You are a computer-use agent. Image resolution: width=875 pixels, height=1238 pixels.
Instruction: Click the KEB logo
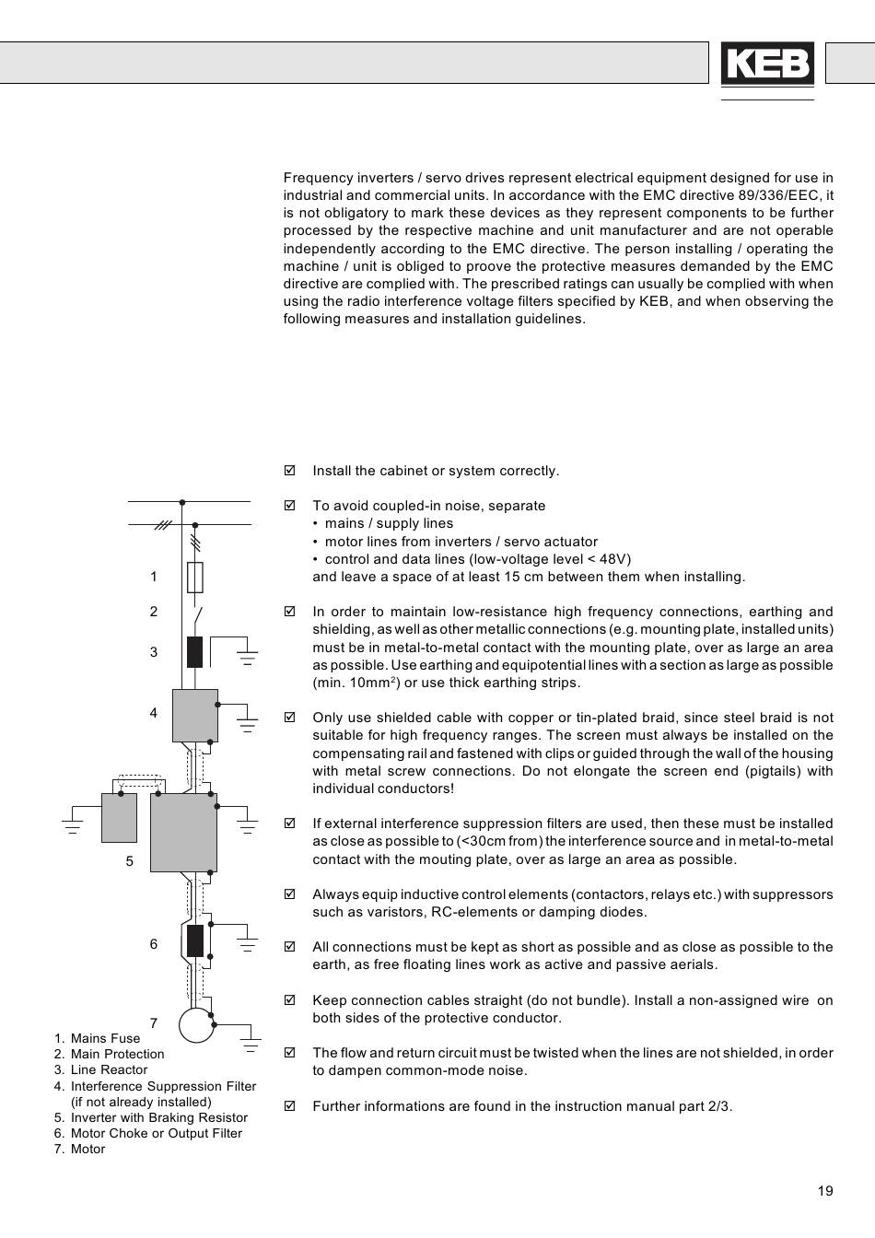766,64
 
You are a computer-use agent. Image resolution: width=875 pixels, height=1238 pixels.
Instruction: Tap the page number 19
824,1191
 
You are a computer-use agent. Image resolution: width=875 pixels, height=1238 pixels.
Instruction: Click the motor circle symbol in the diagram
196,1023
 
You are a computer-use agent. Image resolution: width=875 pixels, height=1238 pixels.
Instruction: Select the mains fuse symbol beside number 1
194,578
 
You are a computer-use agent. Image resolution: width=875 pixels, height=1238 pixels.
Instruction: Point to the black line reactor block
194,651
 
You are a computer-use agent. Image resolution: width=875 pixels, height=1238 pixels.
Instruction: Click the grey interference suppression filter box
195,715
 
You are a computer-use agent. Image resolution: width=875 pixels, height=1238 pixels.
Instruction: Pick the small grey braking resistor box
119,817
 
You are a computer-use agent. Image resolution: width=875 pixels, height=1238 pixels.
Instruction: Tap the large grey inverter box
183,833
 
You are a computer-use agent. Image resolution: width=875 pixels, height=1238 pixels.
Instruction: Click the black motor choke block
195,941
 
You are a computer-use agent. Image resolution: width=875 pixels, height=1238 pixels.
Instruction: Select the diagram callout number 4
154,713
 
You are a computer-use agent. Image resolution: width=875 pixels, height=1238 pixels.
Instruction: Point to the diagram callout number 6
154,944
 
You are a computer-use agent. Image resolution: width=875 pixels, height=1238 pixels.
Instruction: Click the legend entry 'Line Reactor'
109,1070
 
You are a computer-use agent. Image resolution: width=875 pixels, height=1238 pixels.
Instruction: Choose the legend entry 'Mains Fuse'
105,1038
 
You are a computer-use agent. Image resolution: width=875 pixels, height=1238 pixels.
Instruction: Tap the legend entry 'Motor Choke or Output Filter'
156,1133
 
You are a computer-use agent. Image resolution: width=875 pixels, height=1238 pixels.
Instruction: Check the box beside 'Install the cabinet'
289,471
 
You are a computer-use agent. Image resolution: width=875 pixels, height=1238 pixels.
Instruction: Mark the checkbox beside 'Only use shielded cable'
289,718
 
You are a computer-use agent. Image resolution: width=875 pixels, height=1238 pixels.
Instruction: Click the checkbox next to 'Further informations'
289,1106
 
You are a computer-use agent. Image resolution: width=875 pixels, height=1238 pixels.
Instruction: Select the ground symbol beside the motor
249,1044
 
